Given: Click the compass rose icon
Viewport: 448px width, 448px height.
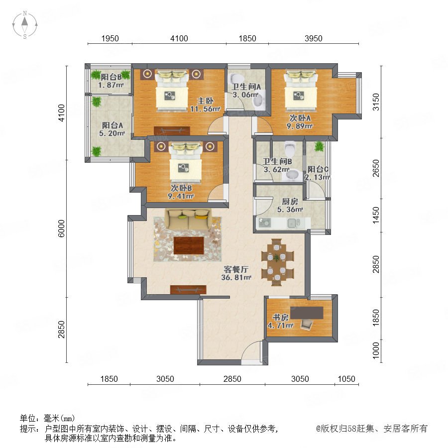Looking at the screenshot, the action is [25, 25].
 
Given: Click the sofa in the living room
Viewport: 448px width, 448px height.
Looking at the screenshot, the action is [188, 219].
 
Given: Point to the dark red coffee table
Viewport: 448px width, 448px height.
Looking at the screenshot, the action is [189, 245].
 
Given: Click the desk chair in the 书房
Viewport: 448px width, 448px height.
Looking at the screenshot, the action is [307, 324].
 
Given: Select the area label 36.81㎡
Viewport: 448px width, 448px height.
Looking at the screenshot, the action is [236, 277].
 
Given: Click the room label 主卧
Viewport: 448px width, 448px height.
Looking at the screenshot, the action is [206, 101].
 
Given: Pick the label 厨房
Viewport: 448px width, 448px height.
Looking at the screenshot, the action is [290, 202].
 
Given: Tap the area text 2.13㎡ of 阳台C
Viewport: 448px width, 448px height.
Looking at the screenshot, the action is [317, 177].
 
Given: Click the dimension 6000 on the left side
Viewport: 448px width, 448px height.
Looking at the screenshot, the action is [61, 228].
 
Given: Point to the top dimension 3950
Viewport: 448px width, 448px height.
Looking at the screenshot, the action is [314, 38].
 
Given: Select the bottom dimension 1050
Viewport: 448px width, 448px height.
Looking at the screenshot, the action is [346, 379].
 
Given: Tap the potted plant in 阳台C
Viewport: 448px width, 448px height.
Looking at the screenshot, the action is [319, 146].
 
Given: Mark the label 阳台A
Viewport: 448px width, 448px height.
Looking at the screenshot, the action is [112, 125].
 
